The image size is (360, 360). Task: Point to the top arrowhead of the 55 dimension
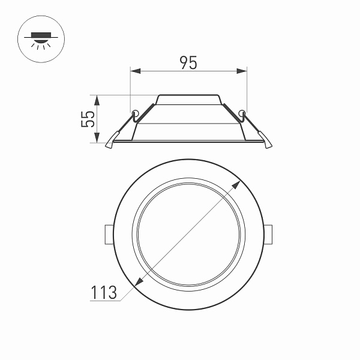click(x=97, y=98)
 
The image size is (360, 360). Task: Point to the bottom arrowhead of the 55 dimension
click(x=97, y=139)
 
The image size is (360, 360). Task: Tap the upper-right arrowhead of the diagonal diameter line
click(x=238, y=182)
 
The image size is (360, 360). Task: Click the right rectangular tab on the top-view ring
click(x=269, y=235)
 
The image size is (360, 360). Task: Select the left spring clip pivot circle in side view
click(x=136, y=113)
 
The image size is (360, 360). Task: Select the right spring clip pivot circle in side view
click(x=242, y=112)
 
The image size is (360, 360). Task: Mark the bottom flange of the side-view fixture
click(x=188, y=142)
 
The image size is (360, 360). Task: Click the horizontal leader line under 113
click(x=105, y=301)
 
